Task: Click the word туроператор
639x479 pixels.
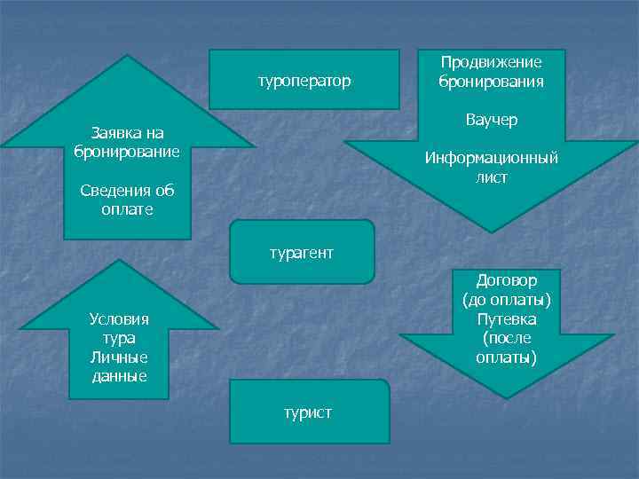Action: pos(304,82)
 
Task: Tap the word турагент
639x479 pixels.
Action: pos(302,253)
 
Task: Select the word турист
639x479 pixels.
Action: pos(308,412)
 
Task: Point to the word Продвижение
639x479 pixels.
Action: pos(491,62)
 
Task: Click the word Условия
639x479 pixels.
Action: pos(119,319)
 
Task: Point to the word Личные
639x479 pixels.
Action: pos(119,357)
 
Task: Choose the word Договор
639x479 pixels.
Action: pos(506,280)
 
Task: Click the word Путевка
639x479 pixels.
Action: pos(506,319)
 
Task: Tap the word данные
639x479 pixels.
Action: pos(119,376)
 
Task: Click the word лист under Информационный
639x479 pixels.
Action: pos(491,177)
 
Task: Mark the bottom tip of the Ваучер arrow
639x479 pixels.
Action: pos(491,232)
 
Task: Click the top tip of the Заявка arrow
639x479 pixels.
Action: pos(128,56)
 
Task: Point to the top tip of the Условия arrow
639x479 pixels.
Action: pos(119,260)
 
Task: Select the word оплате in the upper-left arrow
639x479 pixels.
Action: pos(128,209)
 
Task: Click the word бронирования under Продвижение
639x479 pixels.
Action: pos(491,81)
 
